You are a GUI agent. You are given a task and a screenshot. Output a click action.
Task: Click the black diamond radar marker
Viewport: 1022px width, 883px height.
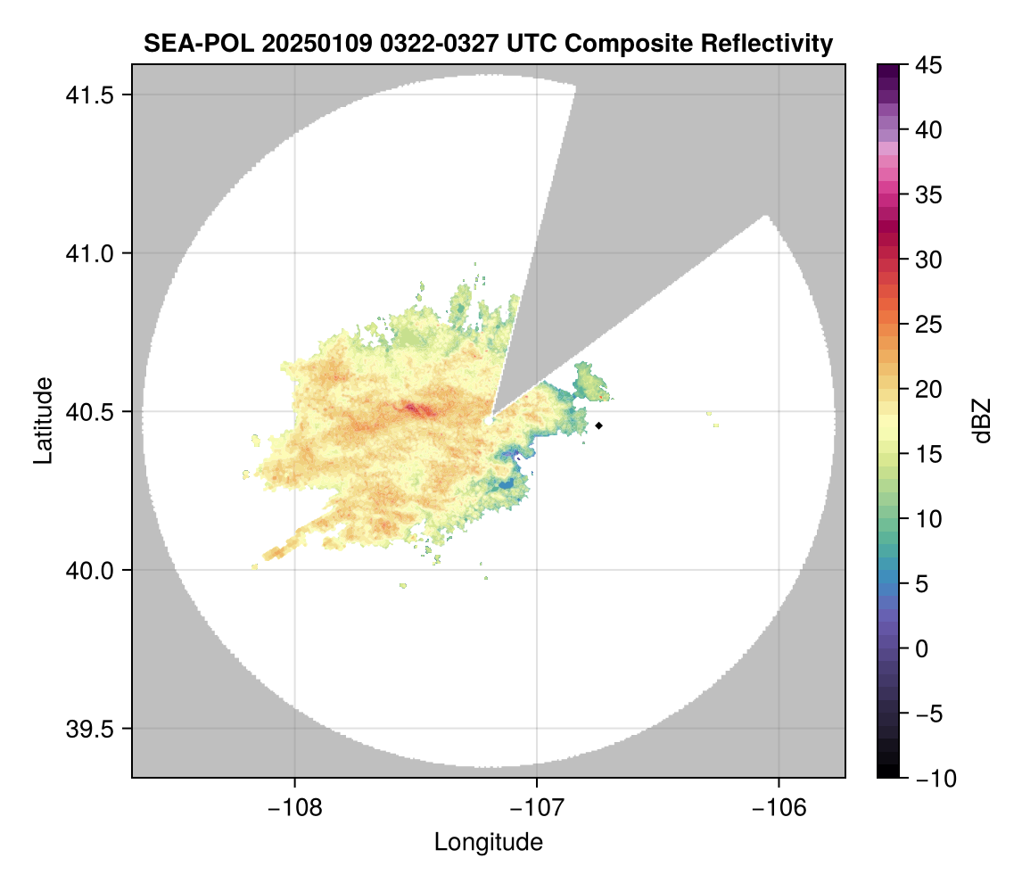(x=599, y=425)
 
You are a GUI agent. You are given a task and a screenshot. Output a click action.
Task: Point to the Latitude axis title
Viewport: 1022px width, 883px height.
(x=42, y=420)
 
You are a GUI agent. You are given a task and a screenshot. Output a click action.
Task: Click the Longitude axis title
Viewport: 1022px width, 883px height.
(x=488, y=842)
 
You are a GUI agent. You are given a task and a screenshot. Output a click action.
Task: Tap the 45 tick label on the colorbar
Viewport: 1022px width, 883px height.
(x=929, y=65)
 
